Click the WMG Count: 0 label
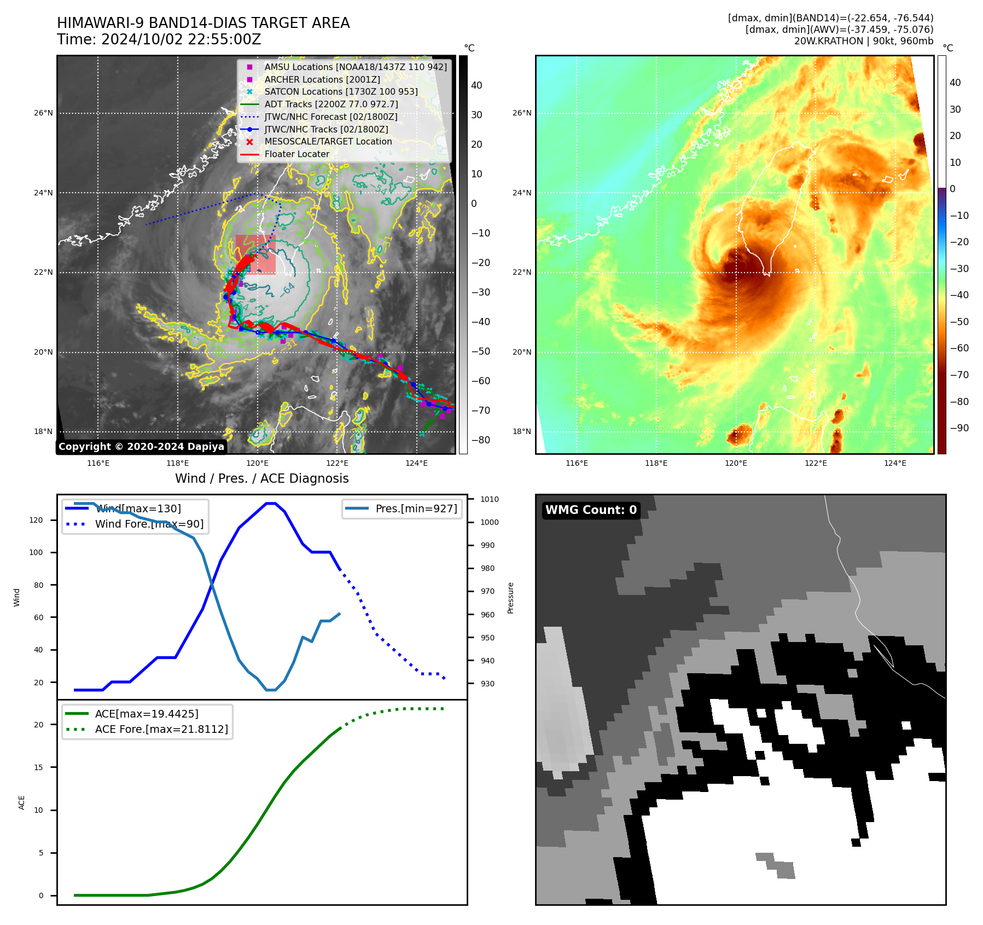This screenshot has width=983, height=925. (591, 510)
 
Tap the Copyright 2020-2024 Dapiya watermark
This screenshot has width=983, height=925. (141, 447)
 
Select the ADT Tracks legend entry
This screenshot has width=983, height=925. (331, 104)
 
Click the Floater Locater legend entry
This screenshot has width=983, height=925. (296, 154)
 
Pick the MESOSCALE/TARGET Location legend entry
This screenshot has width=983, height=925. (328, 142)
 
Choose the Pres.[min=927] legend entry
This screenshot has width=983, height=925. (416, 508)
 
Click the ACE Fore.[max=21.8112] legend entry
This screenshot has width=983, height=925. (161, 729)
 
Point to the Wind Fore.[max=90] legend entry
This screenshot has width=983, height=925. (149, 524)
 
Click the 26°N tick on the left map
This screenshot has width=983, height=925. (43, 113)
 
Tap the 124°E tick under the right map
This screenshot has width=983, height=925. (895, 464)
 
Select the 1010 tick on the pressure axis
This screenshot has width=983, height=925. (490, 499)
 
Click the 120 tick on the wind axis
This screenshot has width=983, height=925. (36, 520)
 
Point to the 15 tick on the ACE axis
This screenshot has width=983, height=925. (38, 767)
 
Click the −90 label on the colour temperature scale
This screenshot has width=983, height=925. (959, 428)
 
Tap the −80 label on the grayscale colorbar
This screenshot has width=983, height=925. (481, 440)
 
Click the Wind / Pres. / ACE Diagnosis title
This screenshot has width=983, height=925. (261, 478)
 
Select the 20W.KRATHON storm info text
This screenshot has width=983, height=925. (864, 41)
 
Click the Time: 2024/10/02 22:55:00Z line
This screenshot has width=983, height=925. (159, 40)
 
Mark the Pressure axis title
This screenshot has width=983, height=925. (510, 598)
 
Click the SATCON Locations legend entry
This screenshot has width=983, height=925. (341, 92)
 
